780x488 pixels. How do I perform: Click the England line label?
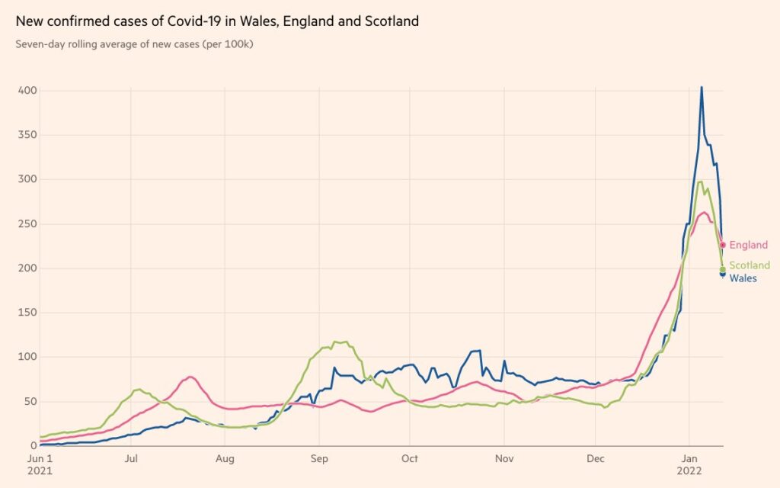(748, 246)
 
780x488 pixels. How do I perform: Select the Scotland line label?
(750, 265)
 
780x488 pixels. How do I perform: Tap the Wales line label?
(743, 278)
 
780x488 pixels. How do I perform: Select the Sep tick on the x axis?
(320, 459)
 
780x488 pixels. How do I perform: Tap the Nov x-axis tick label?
(503, 459)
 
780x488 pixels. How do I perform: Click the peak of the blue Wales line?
(702, 88)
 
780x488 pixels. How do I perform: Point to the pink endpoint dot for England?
(723, 246)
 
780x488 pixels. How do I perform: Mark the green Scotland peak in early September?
(335, 342)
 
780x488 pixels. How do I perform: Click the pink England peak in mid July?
(190, 377)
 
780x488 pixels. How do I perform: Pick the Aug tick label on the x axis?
(225, 459)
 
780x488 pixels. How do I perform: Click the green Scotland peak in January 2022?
(700, 181)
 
